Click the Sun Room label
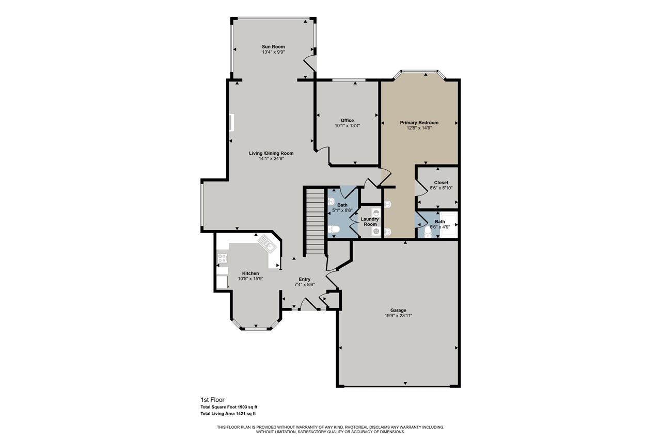click(273, 47)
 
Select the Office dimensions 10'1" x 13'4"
click(347, 125)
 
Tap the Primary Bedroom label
click(419, 123)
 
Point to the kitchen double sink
click(267, 243)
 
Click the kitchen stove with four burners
click(223, 258)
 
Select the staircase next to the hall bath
click(314, 222)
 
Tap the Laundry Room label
click(370, 222)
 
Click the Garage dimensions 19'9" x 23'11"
click(398, 316)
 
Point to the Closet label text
click(441, 183)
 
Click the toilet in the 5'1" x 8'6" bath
click(334, 229)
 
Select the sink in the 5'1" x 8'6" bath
click(332, 201)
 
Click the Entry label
click(304, 279)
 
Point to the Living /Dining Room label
click(271, 153)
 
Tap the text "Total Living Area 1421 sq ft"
click(228, 414)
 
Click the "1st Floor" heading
click(212, 400)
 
